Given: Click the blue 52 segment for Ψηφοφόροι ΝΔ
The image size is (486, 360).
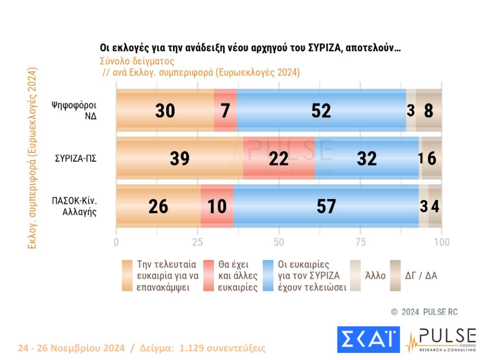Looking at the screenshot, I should coord(321,110).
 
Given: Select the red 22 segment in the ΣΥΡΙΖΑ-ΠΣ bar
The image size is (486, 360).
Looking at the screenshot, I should coord(279,158).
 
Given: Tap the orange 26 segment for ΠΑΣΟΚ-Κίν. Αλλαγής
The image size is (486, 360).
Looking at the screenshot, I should coord(158,206).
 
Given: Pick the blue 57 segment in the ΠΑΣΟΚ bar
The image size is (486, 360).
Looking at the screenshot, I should coord(326,206).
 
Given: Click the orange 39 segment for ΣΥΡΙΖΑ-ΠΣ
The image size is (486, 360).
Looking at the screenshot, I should coord(179,158).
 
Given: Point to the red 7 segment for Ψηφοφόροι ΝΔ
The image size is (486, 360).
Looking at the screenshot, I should coord(225,110).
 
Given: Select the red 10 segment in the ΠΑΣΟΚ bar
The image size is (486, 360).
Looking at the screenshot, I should coord(217,206).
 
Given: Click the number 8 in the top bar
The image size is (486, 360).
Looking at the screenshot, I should coord(429,110).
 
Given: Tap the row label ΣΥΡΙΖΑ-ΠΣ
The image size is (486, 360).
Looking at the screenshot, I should coord(76,158).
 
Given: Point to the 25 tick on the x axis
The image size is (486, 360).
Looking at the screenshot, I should coord(197,242).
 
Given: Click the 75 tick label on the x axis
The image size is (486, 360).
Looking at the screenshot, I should coord(360,242).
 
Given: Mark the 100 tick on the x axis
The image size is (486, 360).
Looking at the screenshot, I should coord(441,242).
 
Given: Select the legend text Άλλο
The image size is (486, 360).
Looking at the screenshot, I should coord(375,276).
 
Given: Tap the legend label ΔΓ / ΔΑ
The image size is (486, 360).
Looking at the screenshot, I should coord(421,276).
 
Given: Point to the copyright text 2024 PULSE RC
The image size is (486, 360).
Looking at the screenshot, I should coord(429,312).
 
